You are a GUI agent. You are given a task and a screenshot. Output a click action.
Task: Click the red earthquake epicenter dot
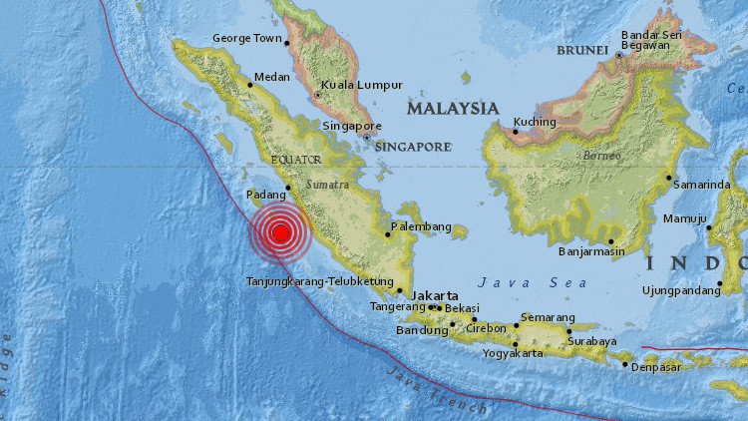[x=281, y=233]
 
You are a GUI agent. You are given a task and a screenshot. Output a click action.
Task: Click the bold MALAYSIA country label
[x=453, y=107]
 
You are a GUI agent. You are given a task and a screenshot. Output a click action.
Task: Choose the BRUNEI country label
[x=583, y=49]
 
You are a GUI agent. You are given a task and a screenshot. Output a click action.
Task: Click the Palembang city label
[x=421, y=225]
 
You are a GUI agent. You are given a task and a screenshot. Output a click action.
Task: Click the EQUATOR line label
[x=296, y=158]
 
